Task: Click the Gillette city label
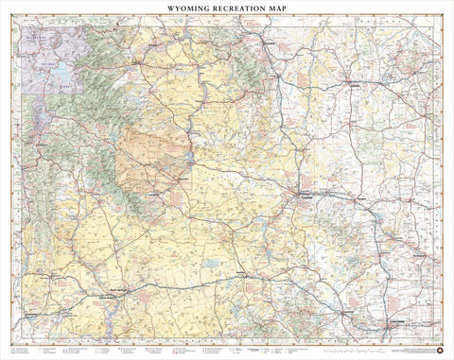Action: (x=356, y=83)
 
